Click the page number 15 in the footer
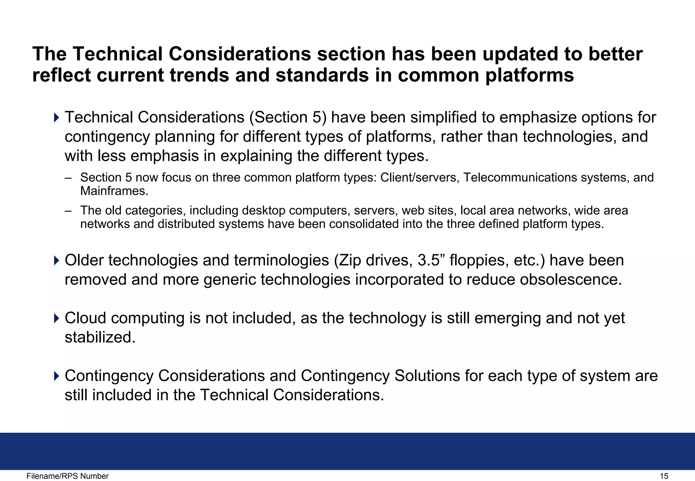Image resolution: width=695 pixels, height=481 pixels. pyautogui.click(x=664, y=476)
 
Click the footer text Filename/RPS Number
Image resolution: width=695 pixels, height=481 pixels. pyautogui.click(x=68, y=476)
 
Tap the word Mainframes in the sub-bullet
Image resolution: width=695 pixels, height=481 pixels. pyautogui.click(x=114, y=191)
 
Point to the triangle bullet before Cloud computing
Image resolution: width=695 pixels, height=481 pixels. pyautogui.click(x=56, y=318)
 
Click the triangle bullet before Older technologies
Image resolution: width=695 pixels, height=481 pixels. pyautogui.click(x=56, y=261)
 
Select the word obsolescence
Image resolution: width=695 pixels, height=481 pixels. pyautogui.click(x=571, y=280)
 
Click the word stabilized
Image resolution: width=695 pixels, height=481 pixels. pyautogui.click(x=100, y=338)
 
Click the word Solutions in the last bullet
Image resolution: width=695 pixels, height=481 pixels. pyautogui.click(x=427, y=376)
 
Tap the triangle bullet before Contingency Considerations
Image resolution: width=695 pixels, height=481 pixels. pyautogui.click(x=56, y=376)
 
